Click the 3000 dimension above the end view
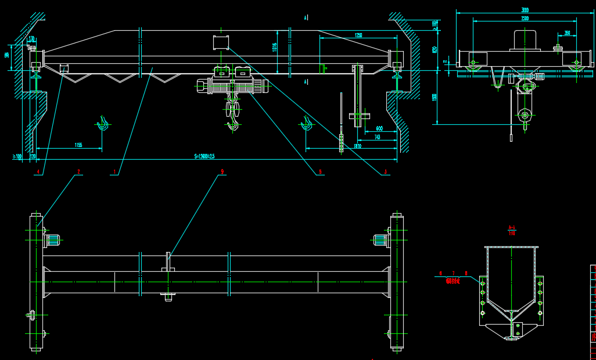point(525,10)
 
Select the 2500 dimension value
point(525,19)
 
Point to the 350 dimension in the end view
point(567,33)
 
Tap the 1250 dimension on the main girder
point(358,35)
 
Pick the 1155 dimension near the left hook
point(78,145)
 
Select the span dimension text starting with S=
point(204,156)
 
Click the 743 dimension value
point(376,137)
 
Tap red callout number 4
point(38,172)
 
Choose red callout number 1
point(114,172)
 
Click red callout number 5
point(320,172)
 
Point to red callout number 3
point(385,172)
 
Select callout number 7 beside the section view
point(453,273)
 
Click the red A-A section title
point(512,228)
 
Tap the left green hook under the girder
point(103,124)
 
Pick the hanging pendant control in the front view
point(341,143)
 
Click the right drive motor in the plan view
point(380,240)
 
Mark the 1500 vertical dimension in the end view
point(435,97)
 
